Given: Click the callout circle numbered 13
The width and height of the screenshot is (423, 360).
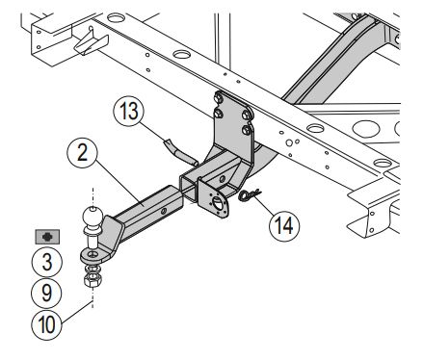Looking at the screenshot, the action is (x=129, y=111).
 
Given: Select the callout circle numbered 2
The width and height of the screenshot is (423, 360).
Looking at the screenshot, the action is (x=82, y=153).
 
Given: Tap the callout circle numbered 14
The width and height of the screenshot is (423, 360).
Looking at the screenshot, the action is (x=284, y=225).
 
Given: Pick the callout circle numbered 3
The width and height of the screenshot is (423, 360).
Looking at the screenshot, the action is (x=47, y=263).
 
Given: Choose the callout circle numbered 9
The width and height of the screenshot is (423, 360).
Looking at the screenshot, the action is (x=47, y=294).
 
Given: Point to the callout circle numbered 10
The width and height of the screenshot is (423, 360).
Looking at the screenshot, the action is (x=47, y=324).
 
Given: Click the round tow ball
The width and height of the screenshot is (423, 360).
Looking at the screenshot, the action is (x=93, y=217).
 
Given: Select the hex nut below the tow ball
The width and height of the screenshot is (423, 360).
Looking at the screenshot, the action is (x=93, y=280).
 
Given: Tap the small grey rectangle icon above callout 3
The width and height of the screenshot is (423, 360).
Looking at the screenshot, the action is (x=47, y=237).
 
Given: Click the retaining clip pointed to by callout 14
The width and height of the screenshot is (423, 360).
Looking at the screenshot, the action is (x=250, y=194).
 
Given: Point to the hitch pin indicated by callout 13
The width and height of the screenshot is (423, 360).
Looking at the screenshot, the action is (x=181, y=153).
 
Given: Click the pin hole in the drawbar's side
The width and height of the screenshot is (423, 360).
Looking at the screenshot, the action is (x=164, y=211).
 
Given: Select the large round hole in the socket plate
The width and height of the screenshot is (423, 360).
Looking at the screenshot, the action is (x=218, y=204).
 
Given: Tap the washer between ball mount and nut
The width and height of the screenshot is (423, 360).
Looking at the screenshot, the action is (x=93, y=268).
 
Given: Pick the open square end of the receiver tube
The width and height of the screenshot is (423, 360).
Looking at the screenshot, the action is (x=188, y=188).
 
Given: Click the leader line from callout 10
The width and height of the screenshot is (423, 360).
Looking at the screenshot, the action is (x=76, y=312).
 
